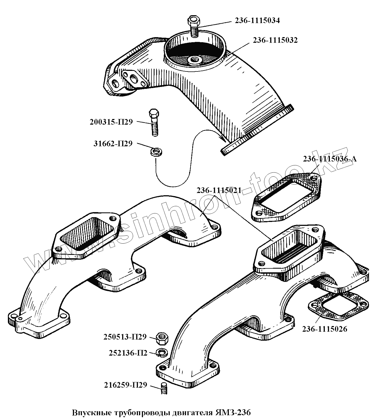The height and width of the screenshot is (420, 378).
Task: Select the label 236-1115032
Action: tap(275, 41)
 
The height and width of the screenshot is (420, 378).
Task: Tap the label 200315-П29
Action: tap(111, 122)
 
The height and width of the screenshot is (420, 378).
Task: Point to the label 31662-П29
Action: tap(113, 144)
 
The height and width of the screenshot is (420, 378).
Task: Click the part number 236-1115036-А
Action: tap(330, 159)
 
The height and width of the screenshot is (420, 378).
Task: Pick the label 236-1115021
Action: tap(219, 190)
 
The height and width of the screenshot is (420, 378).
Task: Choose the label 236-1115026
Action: tap(325, 329)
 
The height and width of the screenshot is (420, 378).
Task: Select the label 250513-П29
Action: tap(125, 337)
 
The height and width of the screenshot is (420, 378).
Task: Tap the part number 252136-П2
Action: tap(128, 353)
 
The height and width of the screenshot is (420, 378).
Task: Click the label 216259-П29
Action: tap(126, 385)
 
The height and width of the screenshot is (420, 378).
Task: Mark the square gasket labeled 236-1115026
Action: tap(339, 308)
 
